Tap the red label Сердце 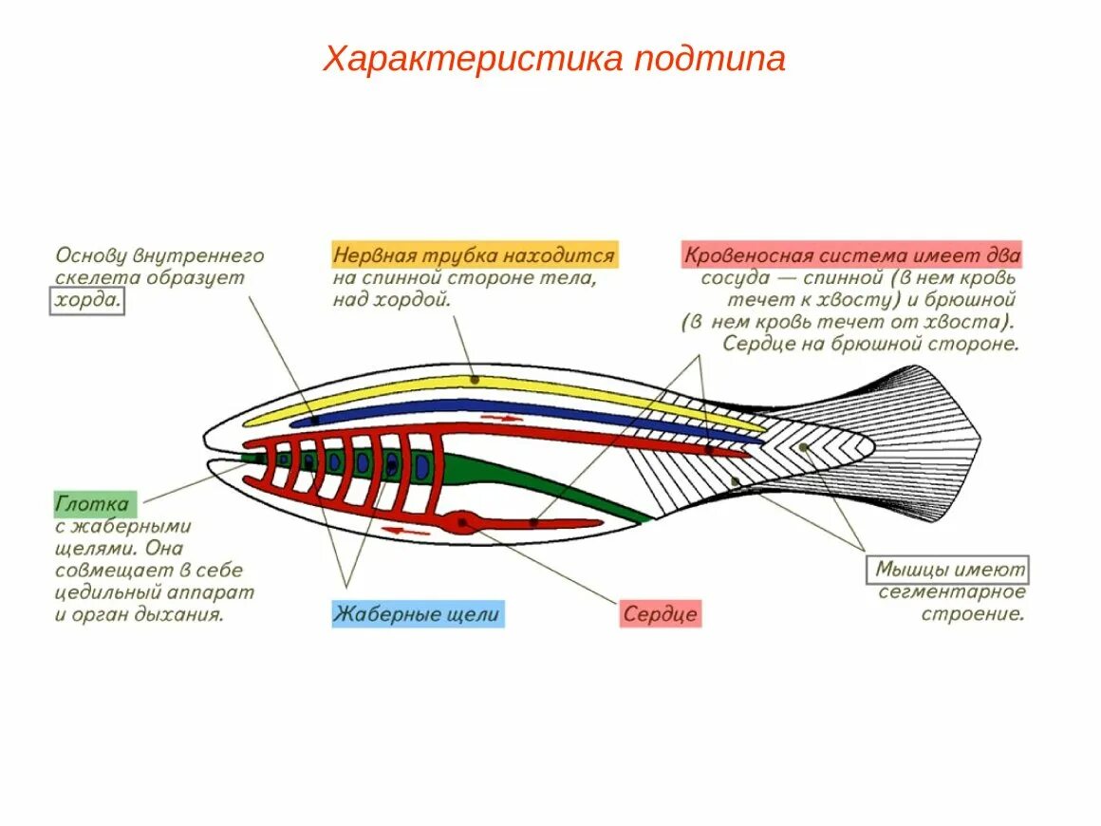point(662,614)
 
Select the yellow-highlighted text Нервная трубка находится point(475,255)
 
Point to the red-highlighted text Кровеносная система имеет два point(851,255)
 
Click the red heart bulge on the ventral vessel point(463,521)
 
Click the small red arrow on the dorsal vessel point(501,418)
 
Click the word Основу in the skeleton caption point(91,255)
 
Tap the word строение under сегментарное point(974,613)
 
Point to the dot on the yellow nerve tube point(473,380)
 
